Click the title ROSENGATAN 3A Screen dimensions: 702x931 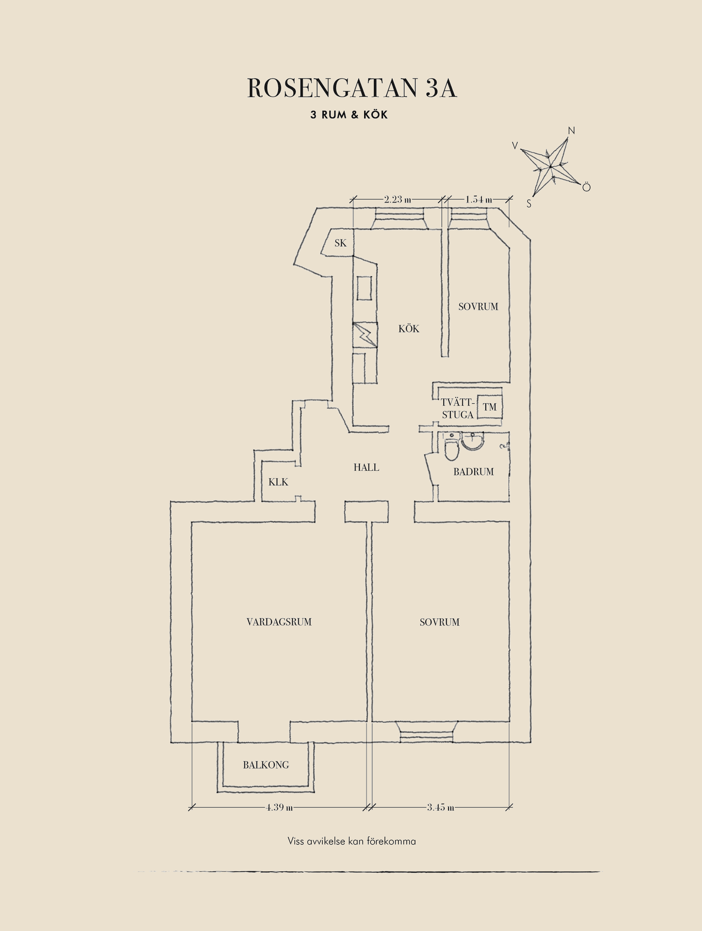(x=352, y=88)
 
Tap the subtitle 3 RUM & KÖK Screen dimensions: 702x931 (x=349, y=115)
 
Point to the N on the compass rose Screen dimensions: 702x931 (x=571, y=131)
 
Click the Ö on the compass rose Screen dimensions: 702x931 (x=586, y=187)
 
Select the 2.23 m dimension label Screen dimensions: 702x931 (x=398, y=199)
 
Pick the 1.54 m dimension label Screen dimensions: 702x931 (x=479, y=199)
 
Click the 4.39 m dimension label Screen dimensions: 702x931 (x=279, y=808)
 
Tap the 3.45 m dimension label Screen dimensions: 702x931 (x=441, y=808)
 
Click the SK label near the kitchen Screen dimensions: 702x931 (x=340, y=243)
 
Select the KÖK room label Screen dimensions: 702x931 (x=409, y=329)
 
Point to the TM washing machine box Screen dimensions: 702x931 (x=490, y=407)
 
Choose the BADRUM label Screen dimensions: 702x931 (x=474, y=472)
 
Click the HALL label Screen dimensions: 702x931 (x=366, y=467)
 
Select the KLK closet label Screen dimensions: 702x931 (x=278, y=482)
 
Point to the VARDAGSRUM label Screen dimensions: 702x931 (x=279, y=622)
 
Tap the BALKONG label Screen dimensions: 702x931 (x=266, y=765)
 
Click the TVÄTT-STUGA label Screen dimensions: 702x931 (x=458, y=408)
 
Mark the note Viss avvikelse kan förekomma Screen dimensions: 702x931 (x=351, y=841)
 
